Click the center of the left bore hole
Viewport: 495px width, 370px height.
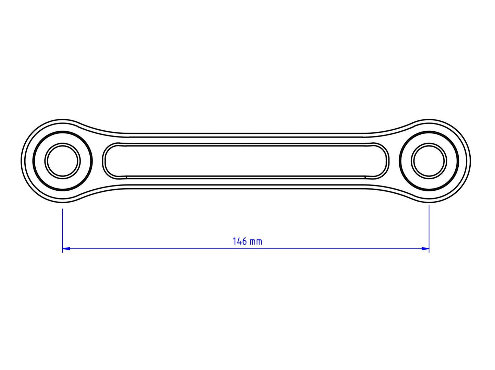(62, 160)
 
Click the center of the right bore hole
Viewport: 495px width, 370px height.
(429, 160)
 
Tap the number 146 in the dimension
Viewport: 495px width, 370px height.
(240, 241)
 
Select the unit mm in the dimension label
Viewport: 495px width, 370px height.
(256, 242)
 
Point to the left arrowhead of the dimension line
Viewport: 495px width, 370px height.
(66, 248)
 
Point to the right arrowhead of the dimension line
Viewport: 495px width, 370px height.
(425, 248)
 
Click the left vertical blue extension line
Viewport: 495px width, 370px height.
(63, 226)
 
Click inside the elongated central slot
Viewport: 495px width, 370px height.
(246, 160)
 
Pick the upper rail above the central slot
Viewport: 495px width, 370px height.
(246, 138)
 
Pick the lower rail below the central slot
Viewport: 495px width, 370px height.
(246, 183)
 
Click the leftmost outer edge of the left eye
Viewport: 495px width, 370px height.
(22, 160)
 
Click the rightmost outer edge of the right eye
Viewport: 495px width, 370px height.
(470, 160)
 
